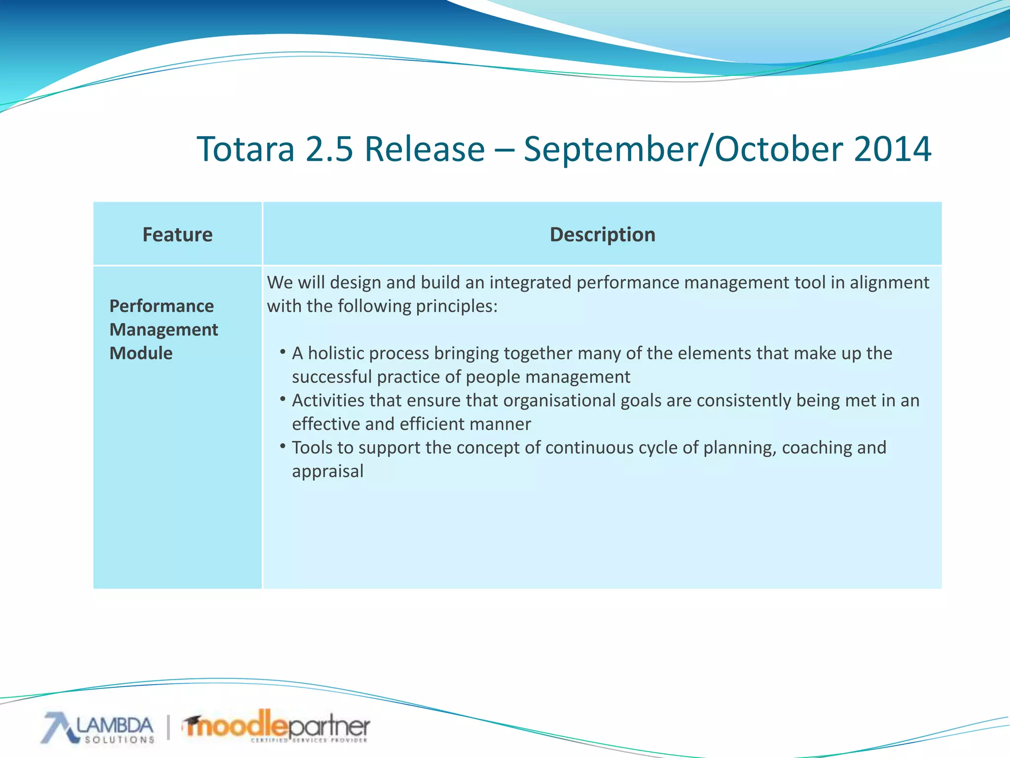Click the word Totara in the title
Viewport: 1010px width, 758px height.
[246, 149]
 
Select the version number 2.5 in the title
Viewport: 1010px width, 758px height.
[329, 149]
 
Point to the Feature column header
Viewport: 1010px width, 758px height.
[178, 234]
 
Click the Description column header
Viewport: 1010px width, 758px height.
[602, 234]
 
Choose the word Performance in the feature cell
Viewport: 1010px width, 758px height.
[161, 306]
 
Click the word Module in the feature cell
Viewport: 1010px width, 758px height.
[141, 353]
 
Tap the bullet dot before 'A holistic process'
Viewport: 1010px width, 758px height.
[283, 352]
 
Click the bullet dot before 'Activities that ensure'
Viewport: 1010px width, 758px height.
[283, 399]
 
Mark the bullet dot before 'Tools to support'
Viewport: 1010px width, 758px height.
[283, 446]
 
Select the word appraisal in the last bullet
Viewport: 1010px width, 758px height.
[327, 471]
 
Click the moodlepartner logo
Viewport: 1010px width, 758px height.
[277, 726]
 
